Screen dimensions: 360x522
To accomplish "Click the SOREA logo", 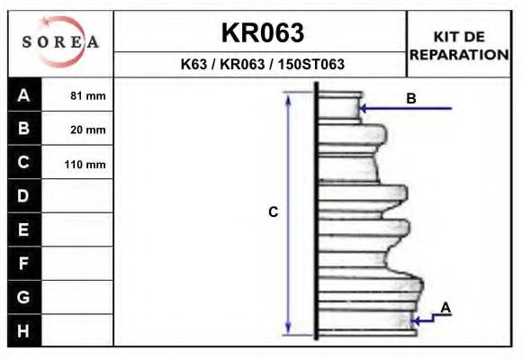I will click(60, 42).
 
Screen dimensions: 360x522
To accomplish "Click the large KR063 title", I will click(262, 32).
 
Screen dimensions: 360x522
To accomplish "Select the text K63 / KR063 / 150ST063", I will click(262, 65).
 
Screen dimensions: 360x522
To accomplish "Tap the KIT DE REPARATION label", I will click(459, 45).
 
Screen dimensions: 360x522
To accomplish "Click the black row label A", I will click(24, 95).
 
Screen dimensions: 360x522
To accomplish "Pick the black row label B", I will click(24, 129).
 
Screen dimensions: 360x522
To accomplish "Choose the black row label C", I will click(24, 163).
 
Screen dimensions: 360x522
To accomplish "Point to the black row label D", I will click(24, 196).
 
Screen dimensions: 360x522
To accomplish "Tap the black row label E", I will click(24, 229).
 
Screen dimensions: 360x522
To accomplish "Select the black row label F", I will click(24, 263).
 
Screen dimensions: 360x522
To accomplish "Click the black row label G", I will click(24, 296).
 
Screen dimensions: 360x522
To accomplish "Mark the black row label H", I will click(24, 330).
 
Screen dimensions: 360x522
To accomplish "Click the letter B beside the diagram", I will click(410, 98).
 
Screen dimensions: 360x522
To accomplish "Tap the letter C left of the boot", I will click(274, 212).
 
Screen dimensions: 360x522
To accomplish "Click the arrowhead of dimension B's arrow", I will click(364, 109).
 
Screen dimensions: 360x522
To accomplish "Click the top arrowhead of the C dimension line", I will click(288, 96).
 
